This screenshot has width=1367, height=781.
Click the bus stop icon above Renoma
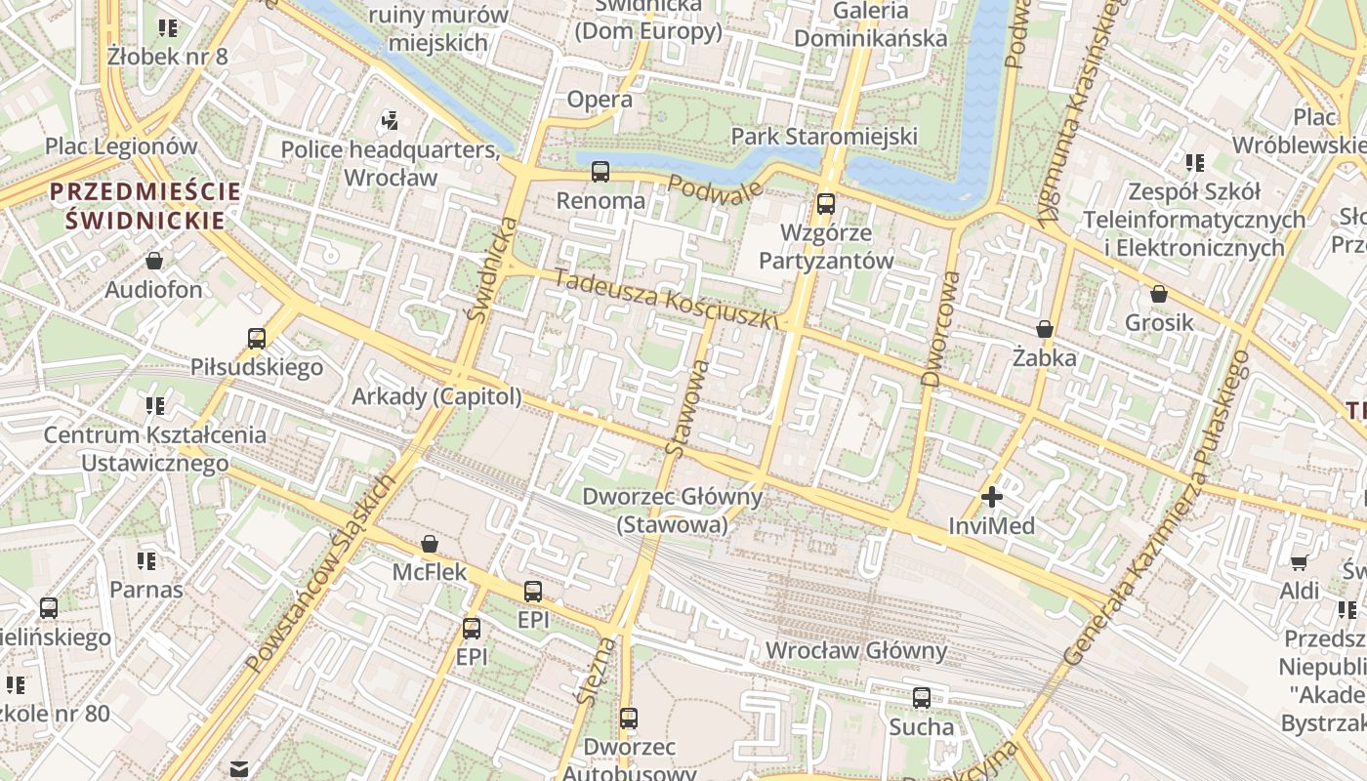click(x=601, y=172)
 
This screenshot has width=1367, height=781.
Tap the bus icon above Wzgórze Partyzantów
click(x=826, y=204)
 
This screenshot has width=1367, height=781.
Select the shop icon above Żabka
click(x=1045, y=329)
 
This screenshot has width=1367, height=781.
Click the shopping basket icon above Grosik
click(x=1159, y=294)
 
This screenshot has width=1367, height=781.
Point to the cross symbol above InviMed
click(x=992, y=497)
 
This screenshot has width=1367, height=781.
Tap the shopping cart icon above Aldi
click(x=1300, y=561)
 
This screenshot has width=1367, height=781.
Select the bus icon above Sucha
click(x=922, y=698)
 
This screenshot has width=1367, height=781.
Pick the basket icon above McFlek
click(x=430, y=544)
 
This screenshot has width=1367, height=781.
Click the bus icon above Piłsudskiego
click(x=257, y=339)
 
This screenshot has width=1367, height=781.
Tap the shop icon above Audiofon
click(x=154, y=261)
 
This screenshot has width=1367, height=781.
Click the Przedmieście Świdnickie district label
click(x=145, y=205)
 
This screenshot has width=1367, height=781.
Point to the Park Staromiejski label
click(x=825, y=136)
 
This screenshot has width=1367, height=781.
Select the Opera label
click(x=600, y=100)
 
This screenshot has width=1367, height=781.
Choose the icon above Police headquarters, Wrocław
click(x=390, y=121)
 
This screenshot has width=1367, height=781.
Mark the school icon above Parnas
click(x=146, y=561)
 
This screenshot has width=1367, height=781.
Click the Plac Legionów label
click(x=121, y=146)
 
